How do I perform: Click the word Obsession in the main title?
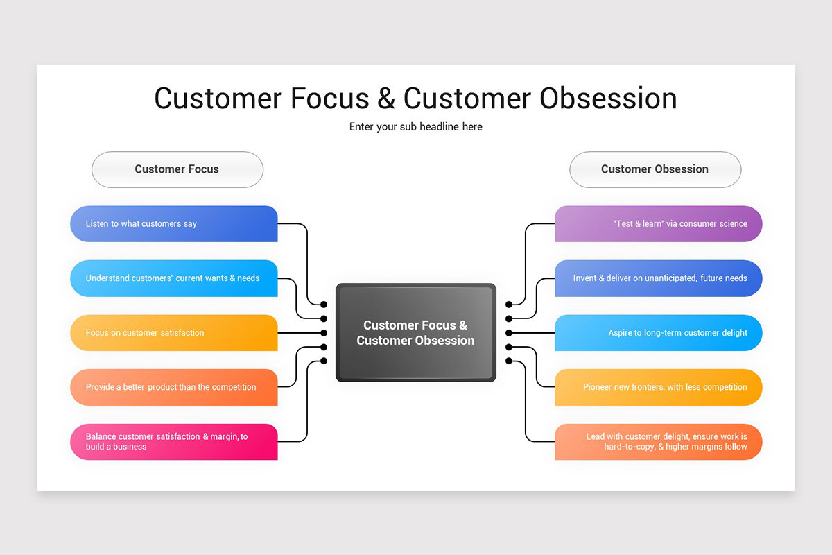point(608,99)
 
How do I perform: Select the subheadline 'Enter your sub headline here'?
point(415,127)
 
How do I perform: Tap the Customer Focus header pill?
point(177,169)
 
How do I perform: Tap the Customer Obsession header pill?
point(655,169)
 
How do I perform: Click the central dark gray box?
point(415,332)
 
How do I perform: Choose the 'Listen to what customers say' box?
point(173,224)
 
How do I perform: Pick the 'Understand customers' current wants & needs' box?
point(173,278)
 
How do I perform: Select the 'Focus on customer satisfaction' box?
point(173,333)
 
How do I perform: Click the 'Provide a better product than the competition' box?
point(173,387)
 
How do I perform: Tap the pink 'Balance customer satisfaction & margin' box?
point(173,442)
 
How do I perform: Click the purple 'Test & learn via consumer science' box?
point(658,224)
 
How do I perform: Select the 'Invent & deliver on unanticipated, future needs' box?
point(658,278)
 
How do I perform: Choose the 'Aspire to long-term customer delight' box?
point(658,333)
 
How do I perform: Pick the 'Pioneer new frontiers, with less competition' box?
point(658,387)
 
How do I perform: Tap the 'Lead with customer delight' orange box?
point(658,442)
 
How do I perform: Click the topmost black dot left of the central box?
point(324,305)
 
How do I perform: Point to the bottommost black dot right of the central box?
point(508,361)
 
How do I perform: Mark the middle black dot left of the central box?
point(324,333)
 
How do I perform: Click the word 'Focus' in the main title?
point(329,99)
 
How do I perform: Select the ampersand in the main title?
point(386,99)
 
